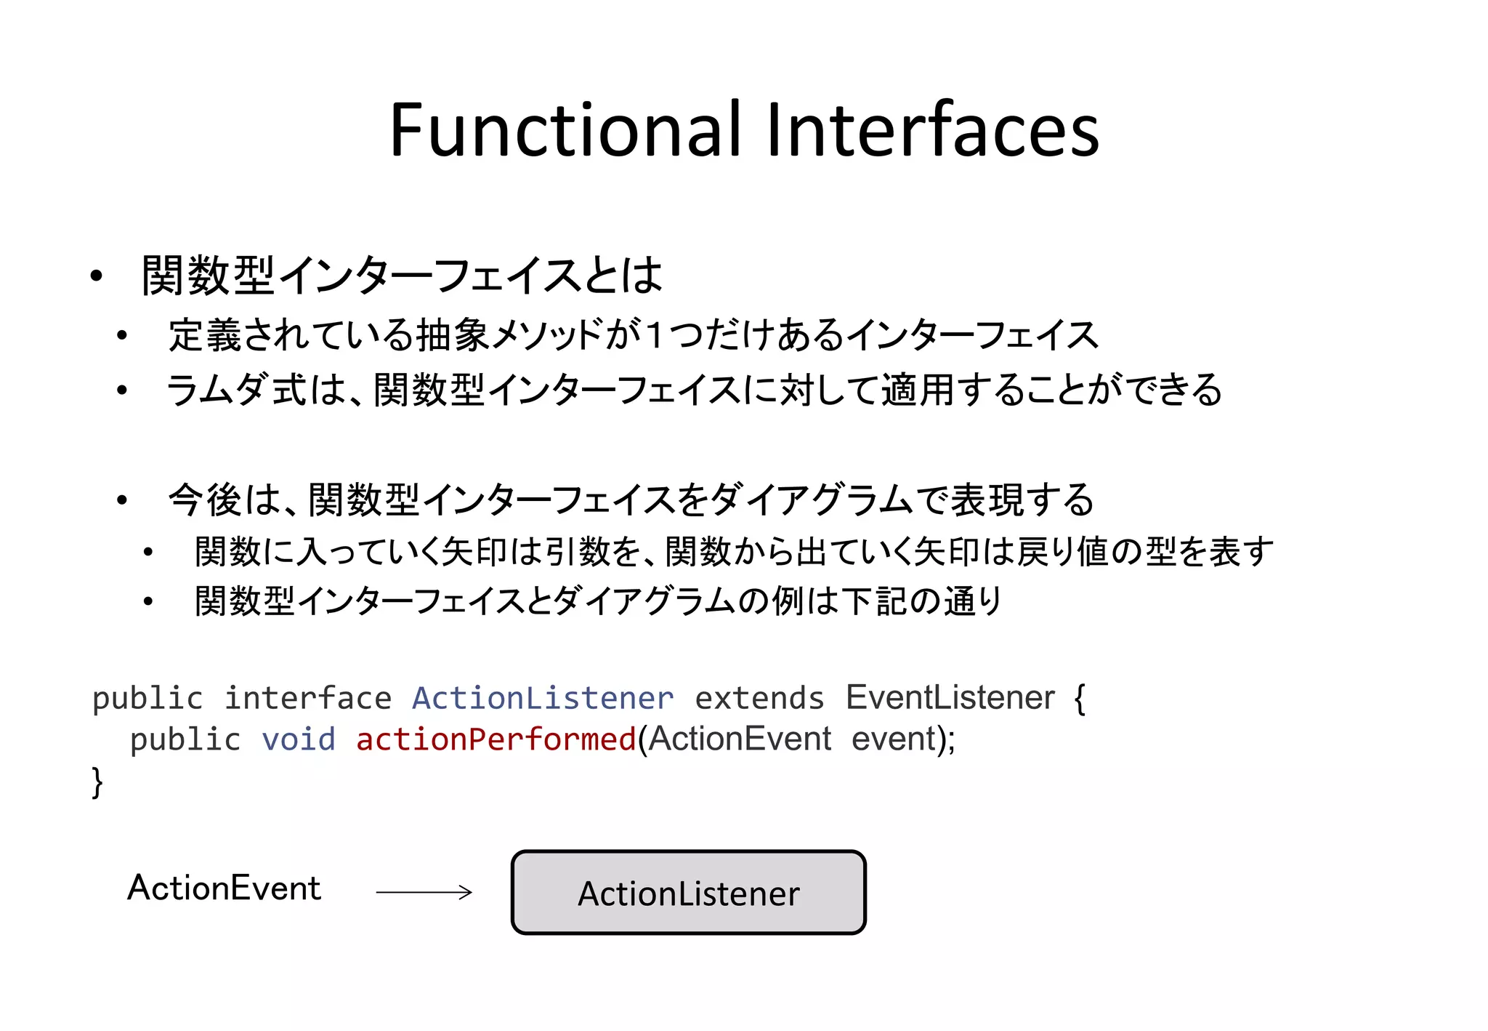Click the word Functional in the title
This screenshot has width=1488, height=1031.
(565, 131)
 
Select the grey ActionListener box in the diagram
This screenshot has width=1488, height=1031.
(688, 892)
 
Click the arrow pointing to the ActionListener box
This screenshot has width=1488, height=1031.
(424, 892)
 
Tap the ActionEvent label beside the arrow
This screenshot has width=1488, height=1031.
(224, 888)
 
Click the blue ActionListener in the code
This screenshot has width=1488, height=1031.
(543, 699)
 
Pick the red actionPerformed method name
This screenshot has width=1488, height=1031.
(496, 740)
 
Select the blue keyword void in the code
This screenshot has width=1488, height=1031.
(299, 740)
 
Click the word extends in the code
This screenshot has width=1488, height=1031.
(759, 699)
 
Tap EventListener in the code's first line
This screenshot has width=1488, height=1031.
(950, 698)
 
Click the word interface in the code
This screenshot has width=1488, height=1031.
(308, 699)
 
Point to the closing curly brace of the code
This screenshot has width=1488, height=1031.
(97, 782)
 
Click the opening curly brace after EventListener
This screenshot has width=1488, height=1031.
(1080, 699)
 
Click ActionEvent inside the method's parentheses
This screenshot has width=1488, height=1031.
(740, 739)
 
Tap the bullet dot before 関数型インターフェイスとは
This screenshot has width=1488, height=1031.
(97, 276)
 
